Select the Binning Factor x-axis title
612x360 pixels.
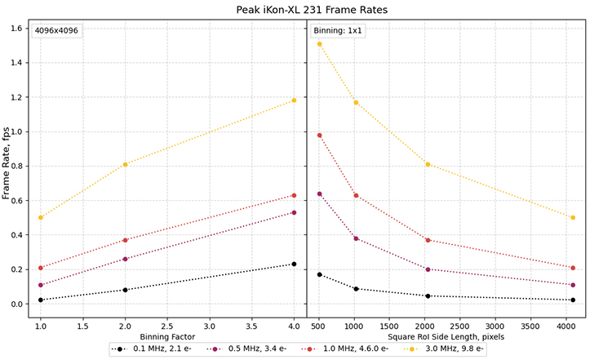point(166,336)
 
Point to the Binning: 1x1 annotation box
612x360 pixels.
point(338,31)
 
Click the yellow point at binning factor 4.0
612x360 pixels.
point(294,100)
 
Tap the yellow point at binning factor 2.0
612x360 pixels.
point(125,164)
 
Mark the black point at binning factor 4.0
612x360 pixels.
point(294,264)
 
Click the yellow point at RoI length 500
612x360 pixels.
point(320,44)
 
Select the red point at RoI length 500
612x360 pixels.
point(320,136)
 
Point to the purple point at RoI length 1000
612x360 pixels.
point(356,238)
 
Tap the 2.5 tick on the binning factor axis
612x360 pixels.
point(166,323)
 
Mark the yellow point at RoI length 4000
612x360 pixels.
point(574,217)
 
